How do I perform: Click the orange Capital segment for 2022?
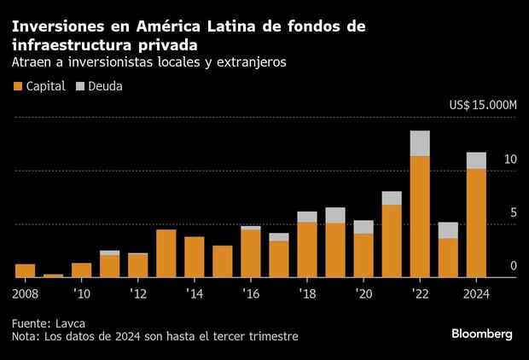click(x=420, y=217)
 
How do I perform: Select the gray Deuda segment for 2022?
click(x=420, y=143)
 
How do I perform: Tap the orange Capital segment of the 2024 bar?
click(x=476, y=223)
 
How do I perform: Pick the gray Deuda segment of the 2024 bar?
click(x=476, y=160)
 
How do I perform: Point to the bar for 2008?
click(x=26, y=270)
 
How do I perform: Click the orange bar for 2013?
click(x=166, y=253)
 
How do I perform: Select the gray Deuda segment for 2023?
click(x=448, y=230)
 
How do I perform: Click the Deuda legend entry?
click(x=99, y=86)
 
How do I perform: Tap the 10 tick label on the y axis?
click(x=510, y=160)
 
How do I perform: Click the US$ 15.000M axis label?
click(x=483, y=105)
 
